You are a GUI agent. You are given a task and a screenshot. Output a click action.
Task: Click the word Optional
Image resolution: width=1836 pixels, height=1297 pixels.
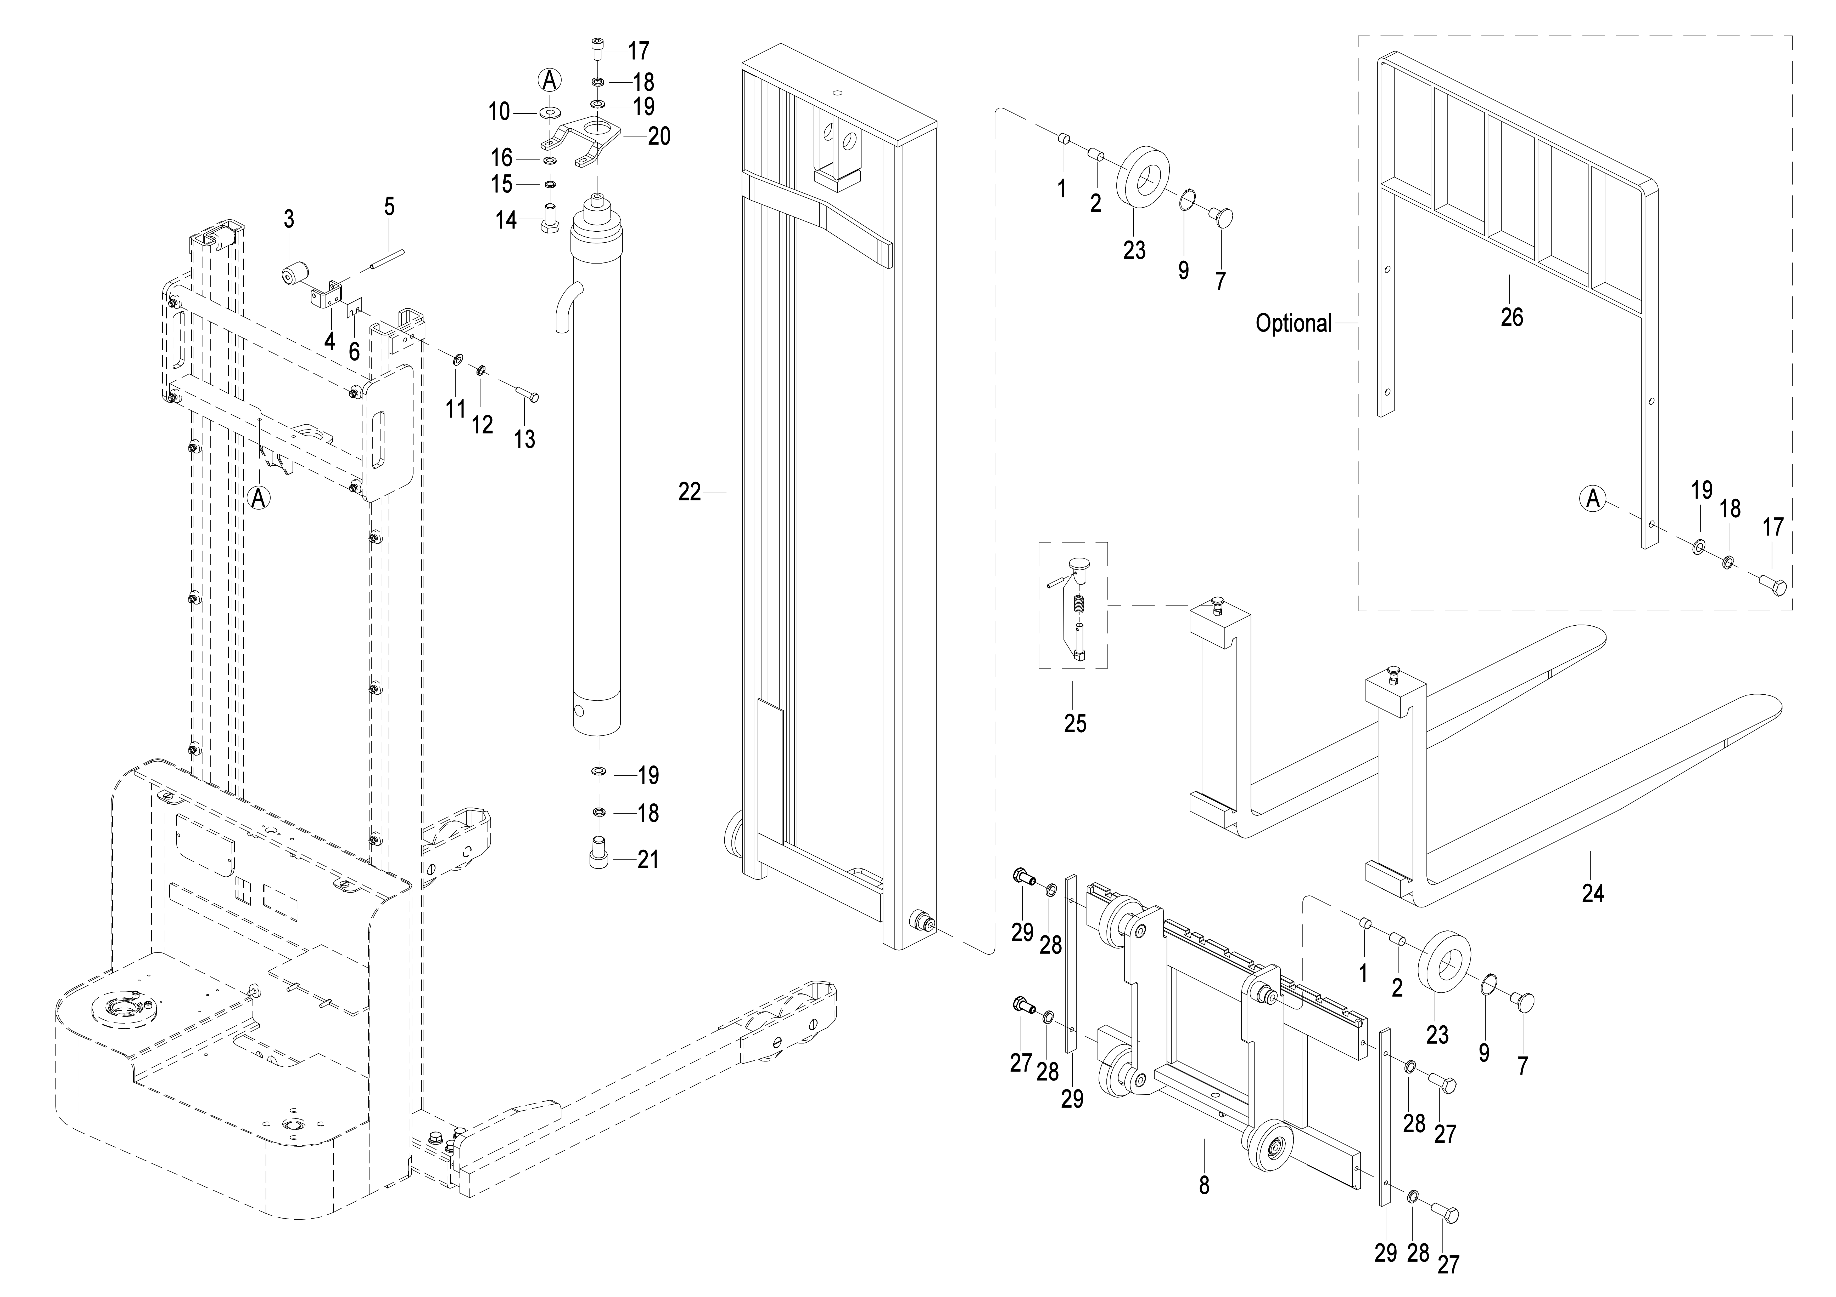1293,324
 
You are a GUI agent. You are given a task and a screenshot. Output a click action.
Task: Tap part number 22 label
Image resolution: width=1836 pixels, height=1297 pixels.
689,492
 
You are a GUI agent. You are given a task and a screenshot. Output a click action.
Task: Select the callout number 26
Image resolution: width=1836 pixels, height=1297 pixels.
1511,317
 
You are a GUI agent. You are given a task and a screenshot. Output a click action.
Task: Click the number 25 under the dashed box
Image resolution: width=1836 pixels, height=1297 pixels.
1075,723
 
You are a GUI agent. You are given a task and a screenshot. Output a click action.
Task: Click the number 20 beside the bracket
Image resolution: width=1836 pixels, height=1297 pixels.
659,137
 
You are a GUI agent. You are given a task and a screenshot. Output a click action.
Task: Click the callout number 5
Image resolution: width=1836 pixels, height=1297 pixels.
389,207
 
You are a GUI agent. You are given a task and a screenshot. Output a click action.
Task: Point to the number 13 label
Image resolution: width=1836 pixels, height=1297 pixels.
525,439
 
